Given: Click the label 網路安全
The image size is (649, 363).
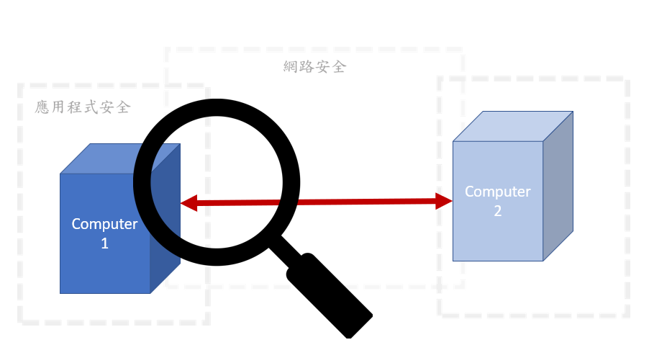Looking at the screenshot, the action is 315,68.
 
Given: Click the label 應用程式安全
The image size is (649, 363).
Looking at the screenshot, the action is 83,107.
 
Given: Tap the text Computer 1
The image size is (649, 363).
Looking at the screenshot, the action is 104,233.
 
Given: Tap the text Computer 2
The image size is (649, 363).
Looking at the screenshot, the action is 497,201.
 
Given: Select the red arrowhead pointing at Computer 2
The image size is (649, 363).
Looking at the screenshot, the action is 444,201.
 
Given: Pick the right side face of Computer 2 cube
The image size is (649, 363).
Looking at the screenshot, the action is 558,186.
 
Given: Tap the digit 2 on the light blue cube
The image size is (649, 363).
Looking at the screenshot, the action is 497,211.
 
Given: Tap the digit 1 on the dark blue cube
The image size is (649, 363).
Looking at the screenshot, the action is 104,243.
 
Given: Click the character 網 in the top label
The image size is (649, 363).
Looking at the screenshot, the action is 291,68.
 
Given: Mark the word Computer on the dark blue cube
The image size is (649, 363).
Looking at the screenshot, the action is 104,224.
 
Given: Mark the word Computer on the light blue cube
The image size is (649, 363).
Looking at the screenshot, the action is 497,192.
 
